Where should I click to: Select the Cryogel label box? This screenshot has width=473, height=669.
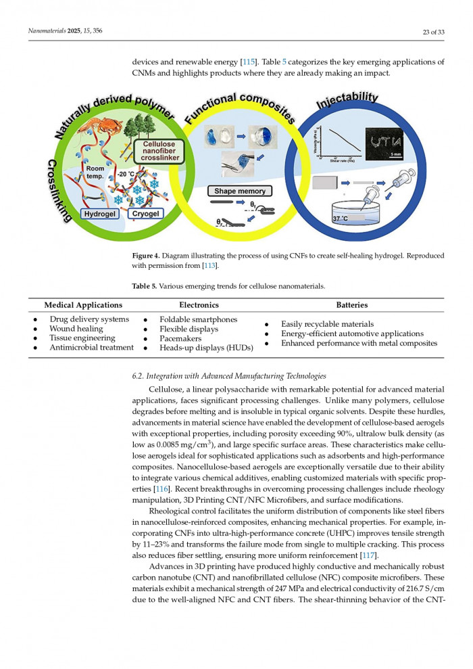pyautogui.click(x=145, y=214)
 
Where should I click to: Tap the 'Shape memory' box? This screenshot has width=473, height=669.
pyautogui.click(x=240, y=191)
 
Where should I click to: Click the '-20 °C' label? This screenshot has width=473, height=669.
pyautogui.click(x=126, y=174)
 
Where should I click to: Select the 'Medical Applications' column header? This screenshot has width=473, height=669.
pyautogui.click(x=83, y=305)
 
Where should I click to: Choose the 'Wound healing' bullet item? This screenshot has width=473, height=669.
pyautogui.click(x=76, y=329)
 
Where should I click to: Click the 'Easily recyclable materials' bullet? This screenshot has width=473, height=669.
pyautogui.click(x=327, y=324)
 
